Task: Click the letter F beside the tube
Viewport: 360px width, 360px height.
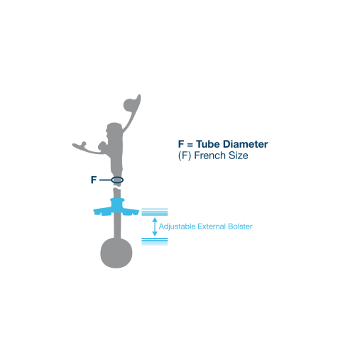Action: click(x=94, y=180)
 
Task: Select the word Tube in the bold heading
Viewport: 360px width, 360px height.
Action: click(x=208, y=144)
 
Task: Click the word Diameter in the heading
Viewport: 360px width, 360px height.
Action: click(x=246, y=144)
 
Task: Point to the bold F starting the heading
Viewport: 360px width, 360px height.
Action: click(x=181, y=144)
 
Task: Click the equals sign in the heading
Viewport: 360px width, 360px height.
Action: click(x=190, y=145)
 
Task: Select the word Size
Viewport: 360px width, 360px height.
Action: click(x=239, y=156)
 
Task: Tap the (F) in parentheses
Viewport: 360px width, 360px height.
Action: click(x=185, y=156)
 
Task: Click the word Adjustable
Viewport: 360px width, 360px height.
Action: click(x=177, y=227)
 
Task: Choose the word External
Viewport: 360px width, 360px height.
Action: click(x=212, y=227)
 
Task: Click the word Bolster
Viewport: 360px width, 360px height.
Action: click(x=240, y=227)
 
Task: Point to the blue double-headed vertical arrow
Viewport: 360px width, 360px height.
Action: click(x=155, y=227)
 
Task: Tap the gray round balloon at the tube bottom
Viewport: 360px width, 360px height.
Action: click(x=116, y=253)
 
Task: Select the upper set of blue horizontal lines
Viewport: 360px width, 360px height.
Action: click(x=155, y=212)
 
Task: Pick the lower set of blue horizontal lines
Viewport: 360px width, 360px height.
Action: click(x=155, y=241)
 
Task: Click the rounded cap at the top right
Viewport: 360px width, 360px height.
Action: click(x=130, y=104)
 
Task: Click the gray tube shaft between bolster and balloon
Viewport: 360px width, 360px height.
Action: click(x=117, y=226)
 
